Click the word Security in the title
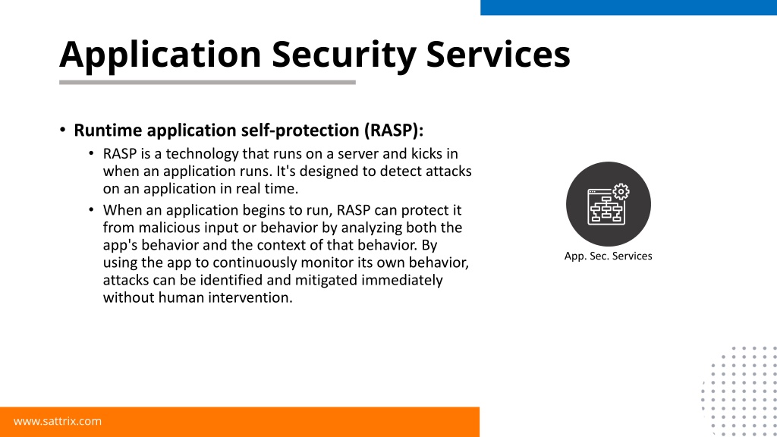coord(344,55)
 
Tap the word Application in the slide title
coord(160,55)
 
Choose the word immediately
coord(402,281)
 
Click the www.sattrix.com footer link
coord(58,421)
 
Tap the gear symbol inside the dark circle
coord(621,192)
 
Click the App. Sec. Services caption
coord(608,256)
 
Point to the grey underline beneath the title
coord(207,82)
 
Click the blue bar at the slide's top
coord(628,8)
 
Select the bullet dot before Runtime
coord(62,130)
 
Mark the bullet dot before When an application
coord(91,210)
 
